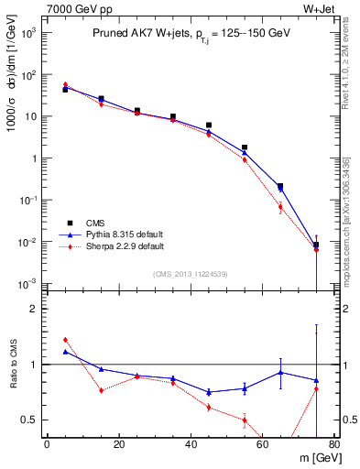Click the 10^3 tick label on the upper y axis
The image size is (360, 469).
(x=27, y=32)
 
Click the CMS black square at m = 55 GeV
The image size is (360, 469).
(x=245, y=147)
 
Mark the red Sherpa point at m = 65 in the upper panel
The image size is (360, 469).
(x=280, y=207)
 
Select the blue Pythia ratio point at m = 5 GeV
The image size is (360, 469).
(x=65, y=352)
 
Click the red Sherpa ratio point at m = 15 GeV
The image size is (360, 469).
(x=101, y=390)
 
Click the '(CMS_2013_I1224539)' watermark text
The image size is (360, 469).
(x=191, y=273)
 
